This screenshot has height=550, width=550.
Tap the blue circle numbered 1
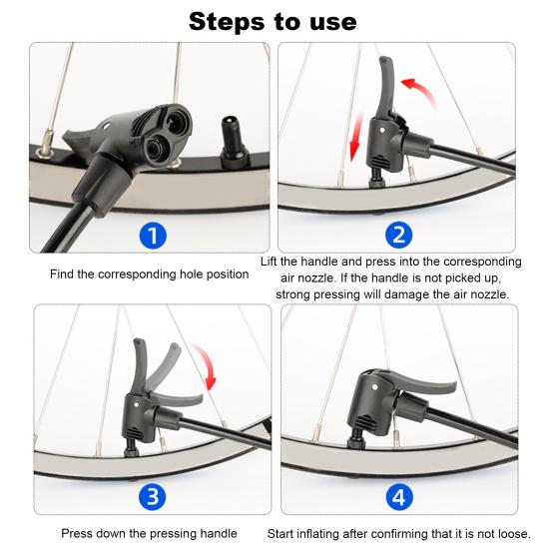click(x=151, y=236)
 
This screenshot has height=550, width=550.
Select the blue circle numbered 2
click(x=399, y=236)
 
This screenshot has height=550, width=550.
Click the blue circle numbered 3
click(x=151, y=496)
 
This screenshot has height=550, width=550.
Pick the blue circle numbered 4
click(x=399, y=496)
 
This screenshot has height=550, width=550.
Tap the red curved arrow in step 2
click(x=422, y=96)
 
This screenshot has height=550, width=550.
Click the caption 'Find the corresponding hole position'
click(x=150, y=274)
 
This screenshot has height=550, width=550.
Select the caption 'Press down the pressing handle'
click(x=149, y=534)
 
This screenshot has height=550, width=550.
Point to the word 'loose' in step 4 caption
click(x=511, y=534)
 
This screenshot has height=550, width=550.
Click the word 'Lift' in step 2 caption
click(x=272, y=261)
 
